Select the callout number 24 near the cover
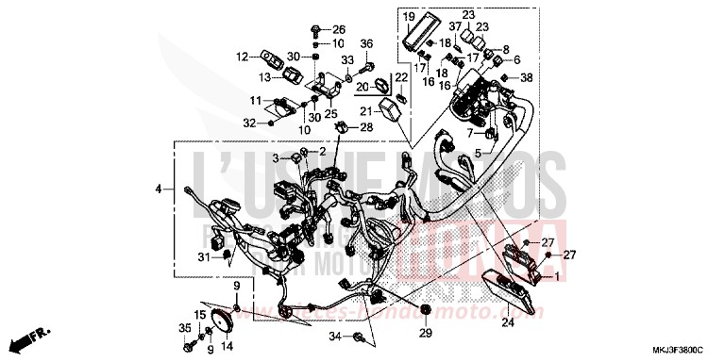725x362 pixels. pos(507,323)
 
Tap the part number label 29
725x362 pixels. pos(424,335)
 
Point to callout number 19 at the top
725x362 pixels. pos(409,17)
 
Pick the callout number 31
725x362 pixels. pos(203,258)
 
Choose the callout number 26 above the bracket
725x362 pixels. pos(339,29)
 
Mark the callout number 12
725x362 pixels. pos(242,56)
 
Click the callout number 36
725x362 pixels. pos(367,43)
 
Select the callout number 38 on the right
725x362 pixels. pos(527,76)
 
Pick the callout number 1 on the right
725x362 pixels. pos(556,275)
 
